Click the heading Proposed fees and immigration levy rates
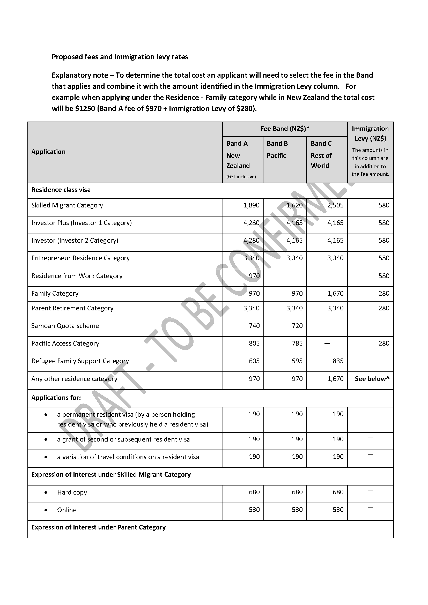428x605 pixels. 120,57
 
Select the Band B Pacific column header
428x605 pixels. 277,150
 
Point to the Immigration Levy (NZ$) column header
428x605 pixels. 370,133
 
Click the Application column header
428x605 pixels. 48,152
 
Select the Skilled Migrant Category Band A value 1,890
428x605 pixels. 252,205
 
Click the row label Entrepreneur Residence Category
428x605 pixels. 80,258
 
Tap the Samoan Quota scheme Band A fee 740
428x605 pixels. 254,326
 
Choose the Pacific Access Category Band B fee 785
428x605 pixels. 297,343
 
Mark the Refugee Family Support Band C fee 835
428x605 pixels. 338,361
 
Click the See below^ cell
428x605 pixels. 372,379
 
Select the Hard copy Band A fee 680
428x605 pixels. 254,492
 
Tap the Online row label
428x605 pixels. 67,510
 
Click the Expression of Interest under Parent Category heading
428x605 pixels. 98,527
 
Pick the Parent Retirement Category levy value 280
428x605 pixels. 384,308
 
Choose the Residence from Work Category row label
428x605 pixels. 77,276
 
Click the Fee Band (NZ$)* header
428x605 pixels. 285,129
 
